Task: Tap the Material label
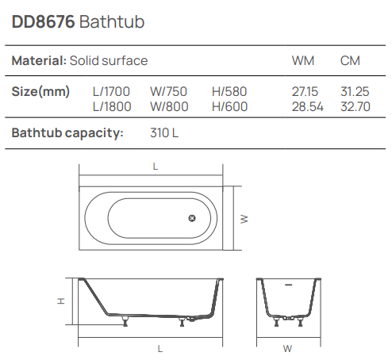[38, 60]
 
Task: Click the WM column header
[303, 60]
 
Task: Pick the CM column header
[350, 60]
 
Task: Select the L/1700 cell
[111, 92]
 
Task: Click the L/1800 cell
[111, 107]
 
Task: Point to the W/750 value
[167, 92]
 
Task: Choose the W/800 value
[167, 107]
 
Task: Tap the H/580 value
[230, 92]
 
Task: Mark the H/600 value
[230, 107]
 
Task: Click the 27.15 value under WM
[306, 92]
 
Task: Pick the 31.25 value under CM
[355, 92]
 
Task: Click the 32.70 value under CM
[355, 107]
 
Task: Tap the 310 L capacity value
[164, 132]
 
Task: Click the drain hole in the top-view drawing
[191, 219]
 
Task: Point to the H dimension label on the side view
[60, 301]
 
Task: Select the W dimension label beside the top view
[244, 218]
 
